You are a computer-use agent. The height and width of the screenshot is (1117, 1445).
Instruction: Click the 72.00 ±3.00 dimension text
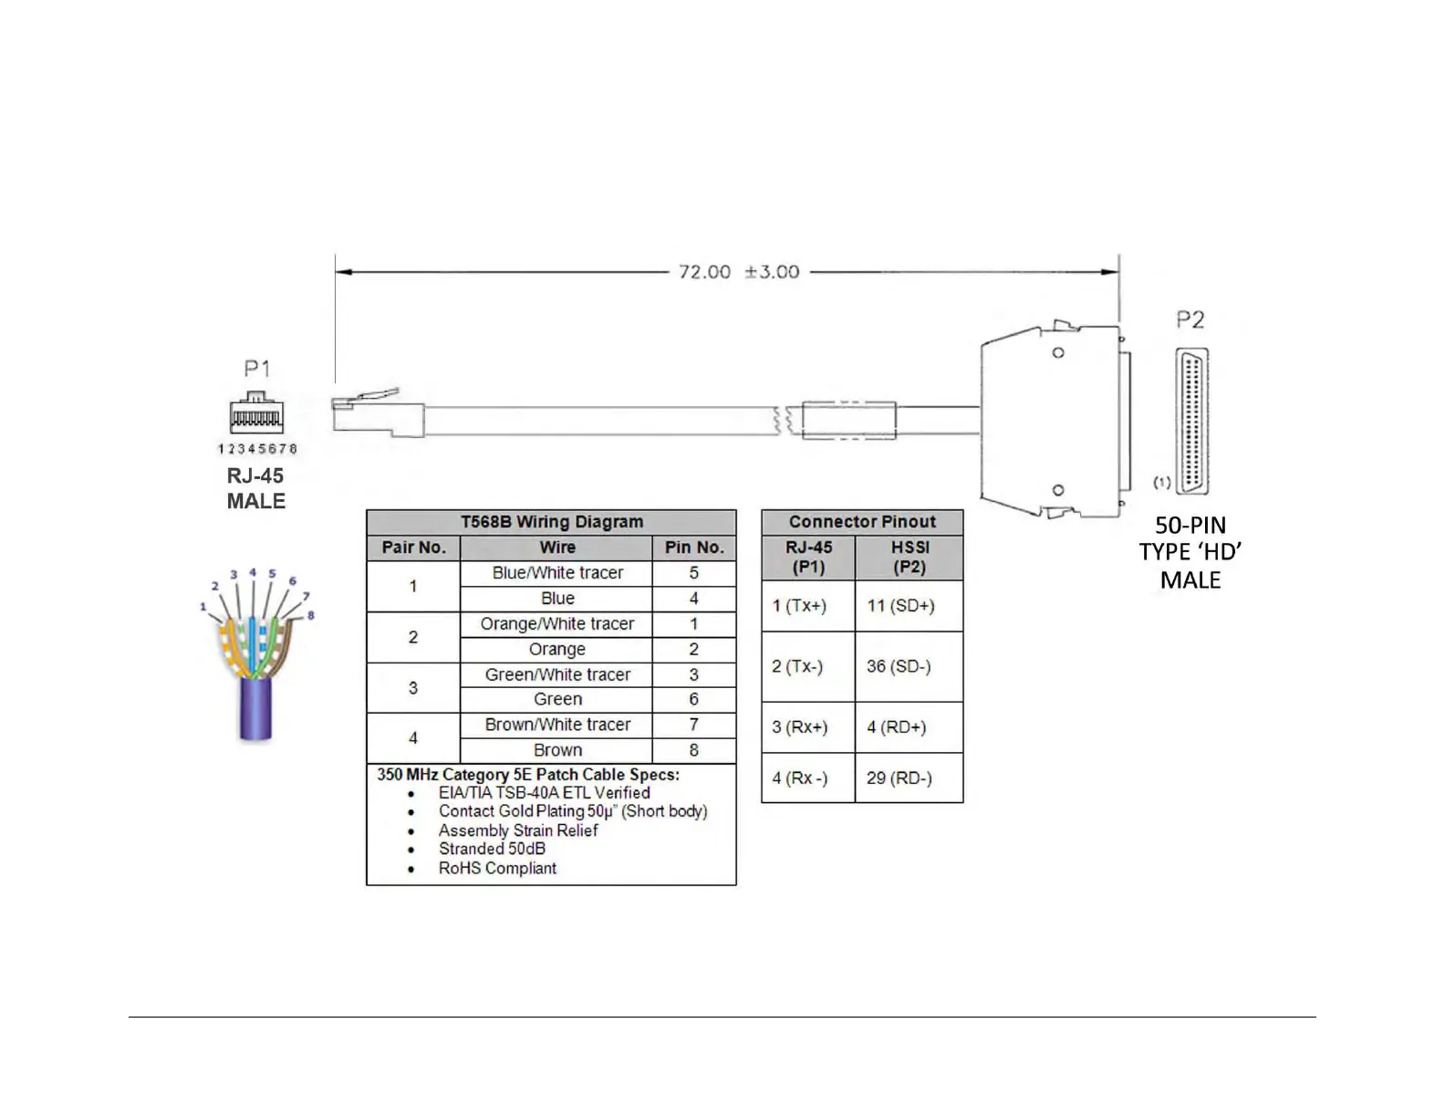coord(738,272)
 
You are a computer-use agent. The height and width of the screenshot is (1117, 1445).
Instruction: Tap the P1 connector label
coord(256,369)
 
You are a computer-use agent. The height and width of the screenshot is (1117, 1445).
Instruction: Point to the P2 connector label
coord(1190,319)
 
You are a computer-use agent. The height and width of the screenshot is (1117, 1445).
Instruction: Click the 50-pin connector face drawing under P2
coord(1191,422)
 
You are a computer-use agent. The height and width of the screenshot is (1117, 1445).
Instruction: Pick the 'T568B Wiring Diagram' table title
coord(551,522)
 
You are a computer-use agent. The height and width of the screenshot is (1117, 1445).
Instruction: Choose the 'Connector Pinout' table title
coord(862,522)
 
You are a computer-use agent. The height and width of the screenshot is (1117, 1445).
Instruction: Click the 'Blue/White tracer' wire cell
coord(557,573)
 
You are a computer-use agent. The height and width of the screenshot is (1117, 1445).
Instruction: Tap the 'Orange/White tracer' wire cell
coord(557,624)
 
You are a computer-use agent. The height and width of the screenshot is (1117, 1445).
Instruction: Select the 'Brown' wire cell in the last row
coord(557,750)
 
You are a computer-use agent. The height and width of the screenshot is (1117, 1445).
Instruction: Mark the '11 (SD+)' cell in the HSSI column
coord(900,606)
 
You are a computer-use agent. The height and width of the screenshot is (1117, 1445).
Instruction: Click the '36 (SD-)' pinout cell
coord(899,666)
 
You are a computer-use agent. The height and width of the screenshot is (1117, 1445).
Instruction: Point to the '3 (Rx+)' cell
coord(799,727)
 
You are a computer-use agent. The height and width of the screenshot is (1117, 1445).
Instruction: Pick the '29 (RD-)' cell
coord(899,778)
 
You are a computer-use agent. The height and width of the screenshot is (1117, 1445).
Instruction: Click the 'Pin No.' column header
coord(693,548)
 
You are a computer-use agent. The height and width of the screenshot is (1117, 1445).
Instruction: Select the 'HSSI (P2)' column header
coord(910,557)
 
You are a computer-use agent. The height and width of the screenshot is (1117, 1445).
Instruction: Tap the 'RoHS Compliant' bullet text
coord(497,868)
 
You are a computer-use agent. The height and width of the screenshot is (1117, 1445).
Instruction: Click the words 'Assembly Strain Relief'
coord(518,830)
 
